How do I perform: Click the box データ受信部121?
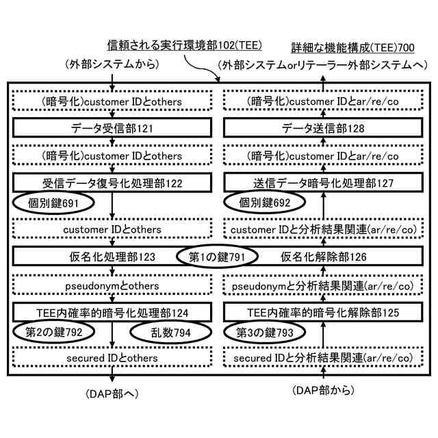[x=111, y=129]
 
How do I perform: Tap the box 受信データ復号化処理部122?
[x=111, y=183]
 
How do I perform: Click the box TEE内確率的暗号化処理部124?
[x=111, y=312]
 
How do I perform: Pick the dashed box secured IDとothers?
[x=111, y=358]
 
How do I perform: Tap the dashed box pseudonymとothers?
[x=111, y=285]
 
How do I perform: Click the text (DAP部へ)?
[x=112, y=394]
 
